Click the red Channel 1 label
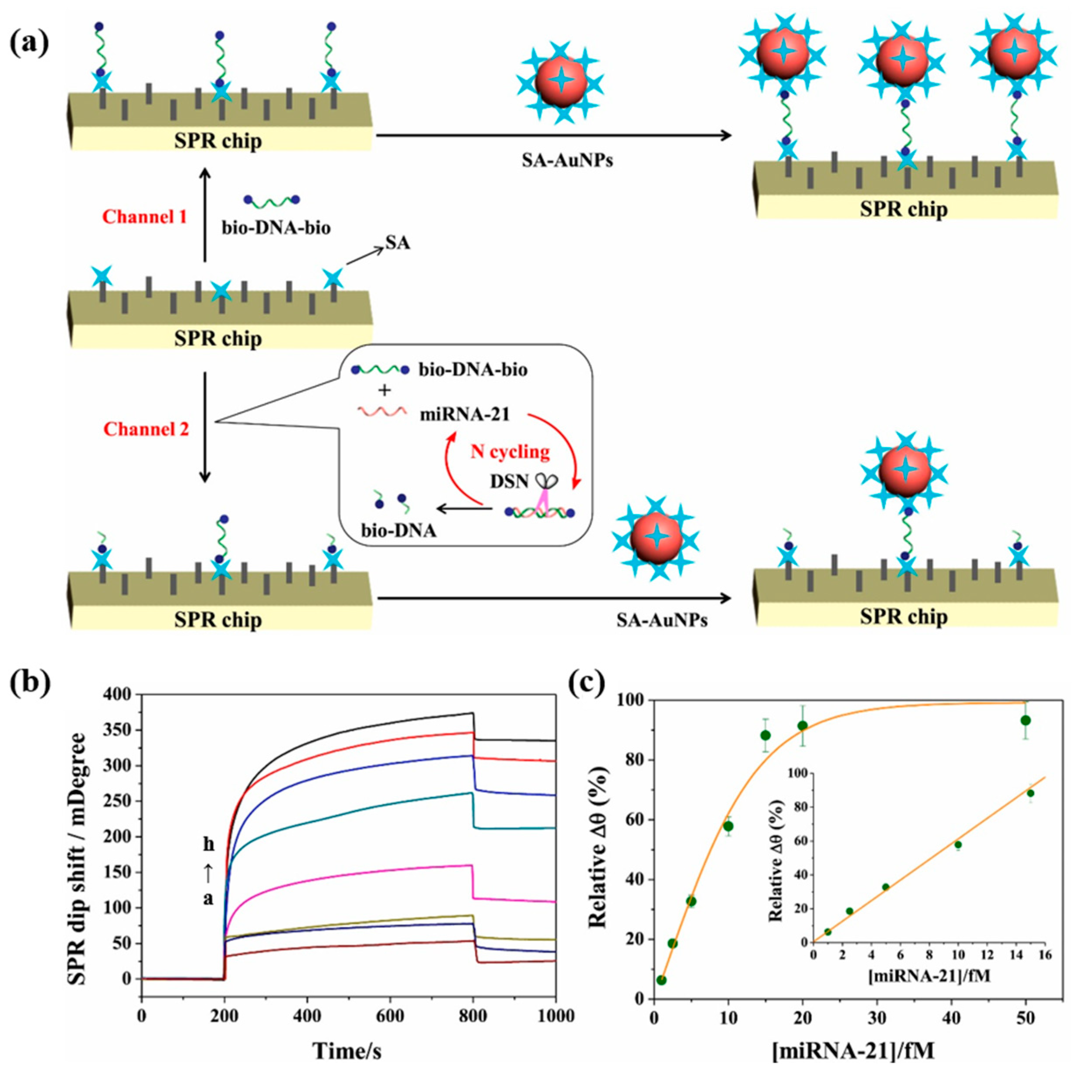coord(145,217)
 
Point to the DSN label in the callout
coord(509,481)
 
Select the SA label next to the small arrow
coord(397,243)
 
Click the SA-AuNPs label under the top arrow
coord(567,161)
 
